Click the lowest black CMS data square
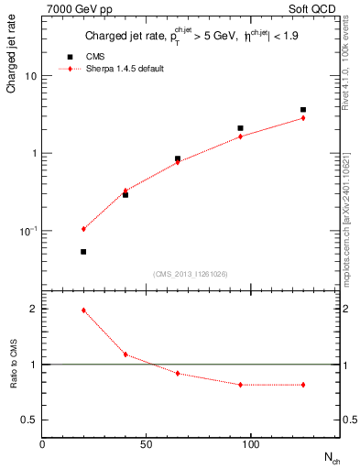[83, 252]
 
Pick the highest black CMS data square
[302, 110]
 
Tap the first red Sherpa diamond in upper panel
[83, 229]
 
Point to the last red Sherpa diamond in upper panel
[302, 118]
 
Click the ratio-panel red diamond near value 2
[83, 311]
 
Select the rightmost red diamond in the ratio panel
[302, 385]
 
